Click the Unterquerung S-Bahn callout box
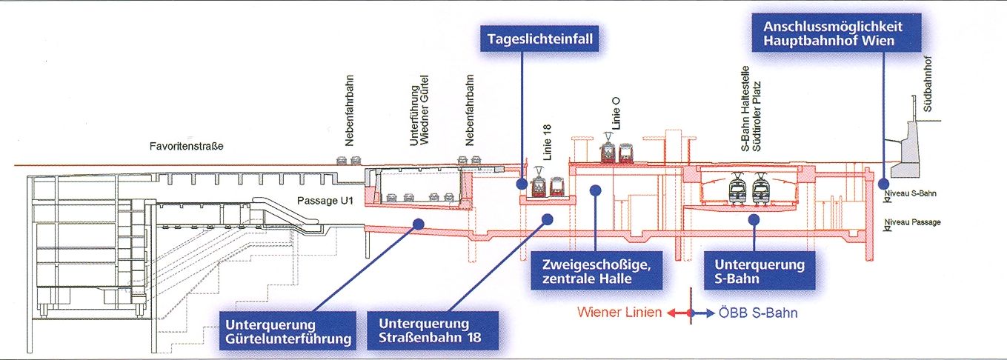click(x=759, y=271)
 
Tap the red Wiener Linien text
click(x=620, y=313)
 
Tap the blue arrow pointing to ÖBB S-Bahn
click(x=705, y=313)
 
